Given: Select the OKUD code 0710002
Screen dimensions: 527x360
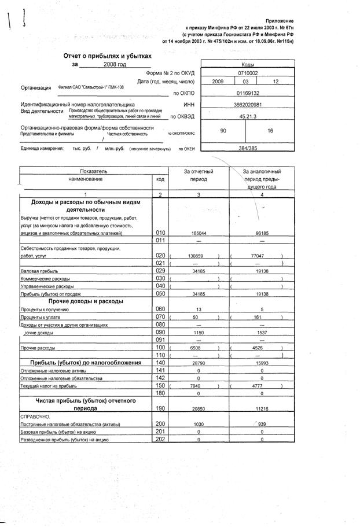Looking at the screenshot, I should pyautogui.click(x=248, y=73).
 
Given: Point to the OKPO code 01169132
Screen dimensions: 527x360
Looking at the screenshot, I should pyautogui.click(x=248, y=93).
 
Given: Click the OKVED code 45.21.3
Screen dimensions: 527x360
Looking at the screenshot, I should pyautogui.click(x=248, y=116).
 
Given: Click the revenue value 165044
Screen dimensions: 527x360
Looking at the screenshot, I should pyautogui.click(x=199, y=233).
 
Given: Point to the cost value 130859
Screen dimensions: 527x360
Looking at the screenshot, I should pyautogui.click(x=197, y=255).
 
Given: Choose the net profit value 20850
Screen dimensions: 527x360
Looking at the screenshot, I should pyautogui.click(x=199, y=408).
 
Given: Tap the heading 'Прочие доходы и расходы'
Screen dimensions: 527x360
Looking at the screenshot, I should pyautogui.click(x=86, y=301).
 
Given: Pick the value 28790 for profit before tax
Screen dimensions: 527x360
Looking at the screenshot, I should pyautogui.click(x=199, y=362).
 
